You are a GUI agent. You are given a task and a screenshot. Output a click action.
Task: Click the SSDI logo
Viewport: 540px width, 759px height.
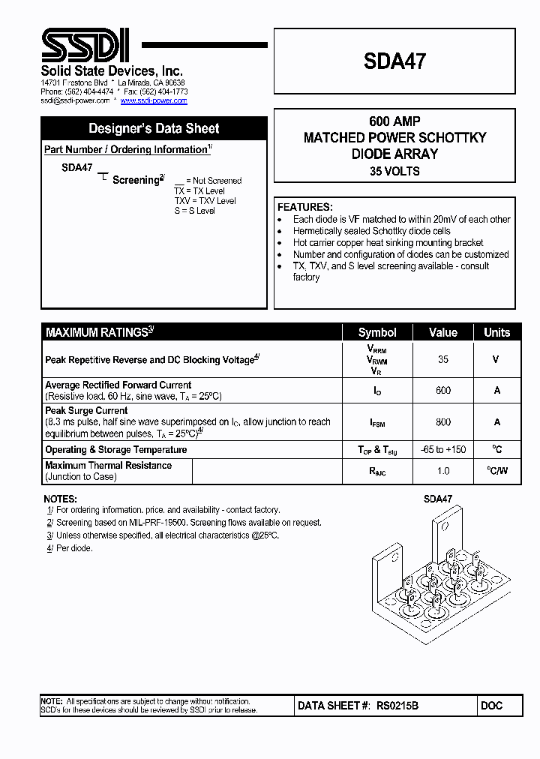(x=85, y=46)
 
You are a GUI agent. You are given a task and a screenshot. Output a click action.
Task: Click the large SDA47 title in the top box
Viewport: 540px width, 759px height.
(x=394, y=61)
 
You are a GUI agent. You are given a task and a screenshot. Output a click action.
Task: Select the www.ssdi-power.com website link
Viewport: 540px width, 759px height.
(x=154, y=100)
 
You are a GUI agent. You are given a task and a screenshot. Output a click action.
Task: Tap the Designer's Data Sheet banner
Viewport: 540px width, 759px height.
(x=154, y=128)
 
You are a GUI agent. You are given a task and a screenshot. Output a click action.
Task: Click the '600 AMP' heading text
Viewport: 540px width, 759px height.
(x=394, y=121)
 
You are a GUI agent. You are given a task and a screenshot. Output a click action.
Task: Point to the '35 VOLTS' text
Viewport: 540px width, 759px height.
(x=394, y=171)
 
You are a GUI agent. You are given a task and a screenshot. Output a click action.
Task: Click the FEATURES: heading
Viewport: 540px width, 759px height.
(x=304, y=207)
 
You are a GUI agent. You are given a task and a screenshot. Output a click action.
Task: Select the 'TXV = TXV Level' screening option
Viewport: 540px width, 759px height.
(x=205, y=201)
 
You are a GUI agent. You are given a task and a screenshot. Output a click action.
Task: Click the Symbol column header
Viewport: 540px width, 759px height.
(x=377, y=333)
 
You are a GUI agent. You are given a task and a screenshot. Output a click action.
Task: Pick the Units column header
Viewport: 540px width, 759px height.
(x=496, y=333)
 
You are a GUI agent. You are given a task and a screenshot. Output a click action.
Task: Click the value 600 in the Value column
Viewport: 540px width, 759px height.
(x=442, y=390)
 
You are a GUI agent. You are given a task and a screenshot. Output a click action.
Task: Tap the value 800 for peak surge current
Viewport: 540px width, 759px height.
(x=442, y=422)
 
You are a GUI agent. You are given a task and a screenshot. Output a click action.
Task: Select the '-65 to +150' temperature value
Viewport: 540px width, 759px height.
(x=442, y=449)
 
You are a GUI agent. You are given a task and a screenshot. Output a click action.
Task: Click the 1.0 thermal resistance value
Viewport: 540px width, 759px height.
(x=442, y=471)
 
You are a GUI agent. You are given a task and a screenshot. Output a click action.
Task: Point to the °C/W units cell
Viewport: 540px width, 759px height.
(x=496, y=471)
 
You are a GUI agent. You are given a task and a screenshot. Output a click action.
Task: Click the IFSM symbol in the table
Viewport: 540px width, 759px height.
(x=377, y=423)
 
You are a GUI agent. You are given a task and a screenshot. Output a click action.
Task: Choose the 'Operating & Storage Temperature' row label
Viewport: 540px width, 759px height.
(x=115, y=449)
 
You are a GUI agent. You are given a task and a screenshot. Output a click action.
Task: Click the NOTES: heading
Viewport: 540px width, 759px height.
(x=60, y=499)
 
